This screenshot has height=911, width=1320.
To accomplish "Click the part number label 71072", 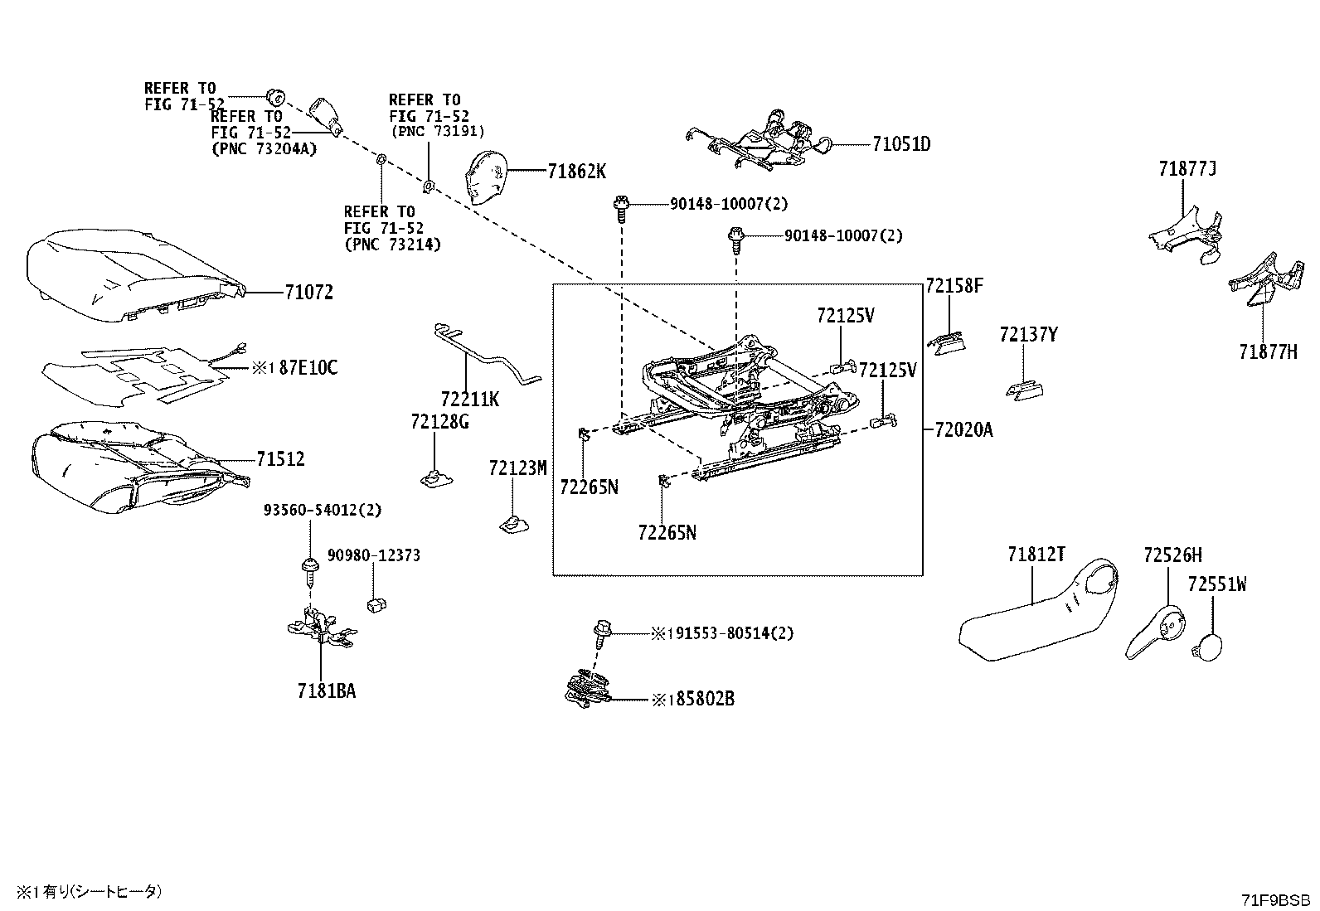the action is click(x=308, y=293).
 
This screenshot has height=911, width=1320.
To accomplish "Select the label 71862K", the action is click(x=576, y=172).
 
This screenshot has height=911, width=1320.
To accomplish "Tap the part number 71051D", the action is click(x=901, y=144).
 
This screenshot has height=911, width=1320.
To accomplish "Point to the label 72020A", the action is click(x=963, y=430).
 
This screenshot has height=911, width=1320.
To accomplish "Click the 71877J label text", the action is click(x=1187, y=169).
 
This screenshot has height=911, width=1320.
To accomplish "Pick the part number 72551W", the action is click(x=1217, y=584).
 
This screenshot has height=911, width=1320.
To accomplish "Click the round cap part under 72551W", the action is click(x=1207, y=647).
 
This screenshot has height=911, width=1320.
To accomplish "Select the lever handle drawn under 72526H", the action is click(x=1155, y=632).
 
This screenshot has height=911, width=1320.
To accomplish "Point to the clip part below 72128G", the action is click(x=436, y=478).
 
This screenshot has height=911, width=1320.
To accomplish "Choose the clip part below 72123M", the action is click(x=514, y=524).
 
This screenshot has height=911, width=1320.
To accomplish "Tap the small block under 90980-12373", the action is click(x=376, y=604).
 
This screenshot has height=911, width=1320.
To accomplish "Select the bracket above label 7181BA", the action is click(x=322, y=628).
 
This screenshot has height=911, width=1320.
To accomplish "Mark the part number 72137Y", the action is click(x=1028, y=335).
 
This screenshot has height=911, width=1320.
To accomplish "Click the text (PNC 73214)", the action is click(x=392, y=244).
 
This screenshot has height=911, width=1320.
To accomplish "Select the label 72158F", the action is click(x=954, y=286).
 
